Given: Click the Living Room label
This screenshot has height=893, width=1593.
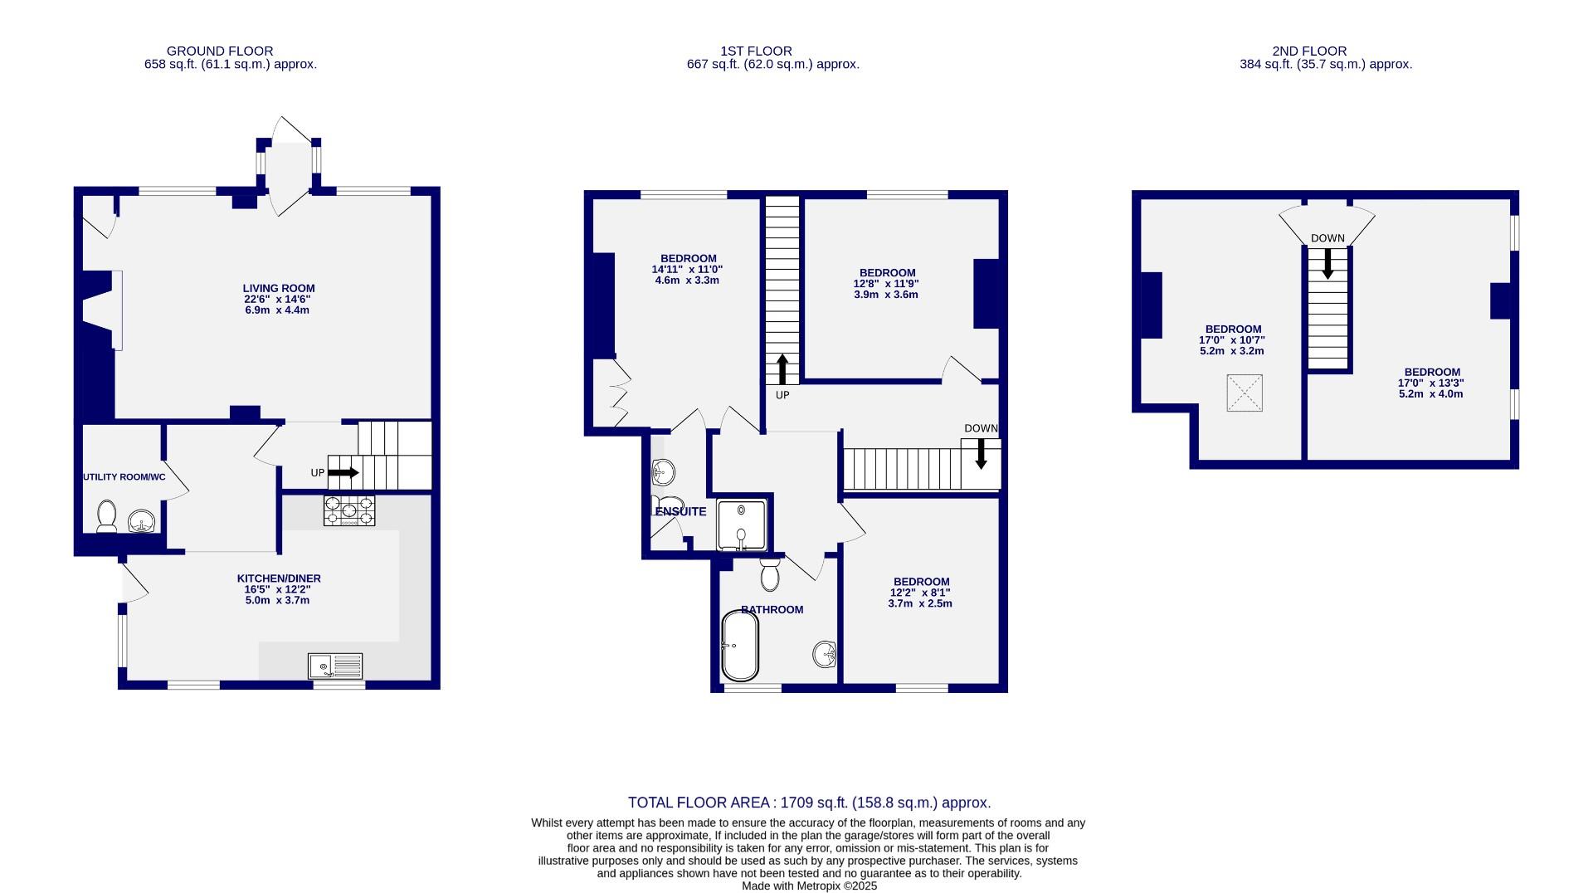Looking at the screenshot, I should coord(278,289).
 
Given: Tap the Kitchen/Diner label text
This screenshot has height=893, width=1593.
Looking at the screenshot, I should coord(279,578).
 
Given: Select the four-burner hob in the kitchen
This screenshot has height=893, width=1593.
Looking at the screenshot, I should coord(349,510).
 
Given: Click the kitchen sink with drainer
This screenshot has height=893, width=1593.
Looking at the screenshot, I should coord(335,666).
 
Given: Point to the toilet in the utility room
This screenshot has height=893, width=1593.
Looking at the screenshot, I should coord(107,516).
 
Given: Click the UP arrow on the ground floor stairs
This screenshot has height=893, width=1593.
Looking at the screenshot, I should coord(343,473).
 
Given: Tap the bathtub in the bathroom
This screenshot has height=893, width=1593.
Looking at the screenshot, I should coord(739,646).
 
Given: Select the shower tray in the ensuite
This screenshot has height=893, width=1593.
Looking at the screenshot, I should coord(741,525).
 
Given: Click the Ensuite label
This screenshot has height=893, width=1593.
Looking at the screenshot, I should coord(680,511).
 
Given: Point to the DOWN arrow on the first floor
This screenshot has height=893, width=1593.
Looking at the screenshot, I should coord(981,453).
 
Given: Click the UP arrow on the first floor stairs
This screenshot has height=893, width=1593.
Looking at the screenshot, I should coord(782,368).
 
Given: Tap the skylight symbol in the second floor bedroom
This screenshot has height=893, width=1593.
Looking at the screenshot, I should coord(1245,393).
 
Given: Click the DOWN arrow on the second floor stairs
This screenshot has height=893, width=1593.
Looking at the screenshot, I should coord(1327,263).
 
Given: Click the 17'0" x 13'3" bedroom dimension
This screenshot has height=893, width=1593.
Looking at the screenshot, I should coord(1431,383).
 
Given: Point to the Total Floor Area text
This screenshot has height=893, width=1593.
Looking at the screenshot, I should coord(809,803).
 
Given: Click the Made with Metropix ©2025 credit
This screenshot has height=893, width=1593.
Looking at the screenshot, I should coord(809,886).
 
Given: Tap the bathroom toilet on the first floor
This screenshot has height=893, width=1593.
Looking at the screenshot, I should coord(770,574).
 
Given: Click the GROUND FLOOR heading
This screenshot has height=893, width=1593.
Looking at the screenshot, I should coord(220,51).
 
